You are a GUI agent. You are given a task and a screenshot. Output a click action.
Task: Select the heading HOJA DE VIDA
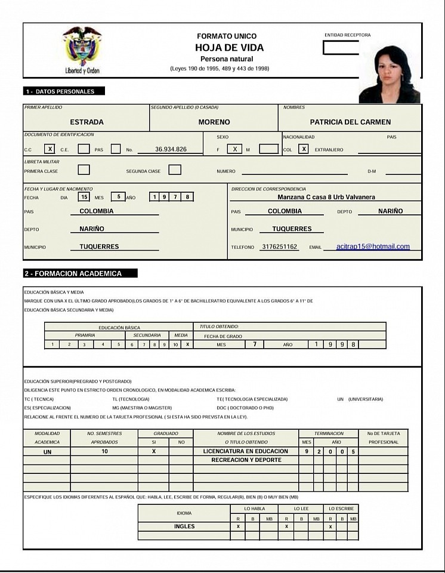229,48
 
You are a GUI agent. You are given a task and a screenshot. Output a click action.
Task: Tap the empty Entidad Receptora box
341,48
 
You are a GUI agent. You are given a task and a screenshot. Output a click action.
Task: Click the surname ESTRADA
87,122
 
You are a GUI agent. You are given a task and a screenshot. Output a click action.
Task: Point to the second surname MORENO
214,122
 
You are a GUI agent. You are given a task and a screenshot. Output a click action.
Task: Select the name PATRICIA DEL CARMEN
350,122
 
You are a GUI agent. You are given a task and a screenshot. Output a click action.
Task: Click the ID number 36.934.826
171,149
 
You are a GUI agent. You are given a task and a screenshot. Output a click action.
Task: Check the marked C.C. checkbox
51,149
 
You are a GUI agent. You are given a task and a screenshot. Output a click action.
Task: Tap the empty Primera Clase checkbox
84,170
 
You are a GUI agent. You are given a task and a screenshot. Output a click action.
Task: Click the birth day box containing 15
85,196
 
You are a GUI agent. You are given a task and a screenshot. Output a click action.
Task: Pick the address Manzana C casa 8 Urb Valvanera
326,197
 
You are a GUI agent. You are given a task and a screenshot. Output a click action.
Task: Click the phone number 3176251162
279,247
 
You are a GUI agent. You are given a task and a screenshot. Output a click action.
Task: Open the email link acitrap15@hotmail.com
373,247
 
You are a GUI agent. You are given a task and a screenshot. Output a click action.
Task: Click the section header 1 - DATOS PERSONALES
64,91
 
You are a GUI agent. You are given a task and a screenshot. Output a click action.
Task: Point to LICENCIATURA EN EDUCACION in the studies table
246,451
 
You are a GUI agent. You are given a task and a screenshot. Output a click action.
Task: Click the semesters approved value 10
104,452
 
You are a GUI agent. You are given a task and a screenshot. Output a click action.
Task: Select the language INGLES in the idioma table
184,526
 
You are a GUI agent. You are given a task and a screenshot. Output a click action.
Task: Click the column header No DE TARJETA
384,433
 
